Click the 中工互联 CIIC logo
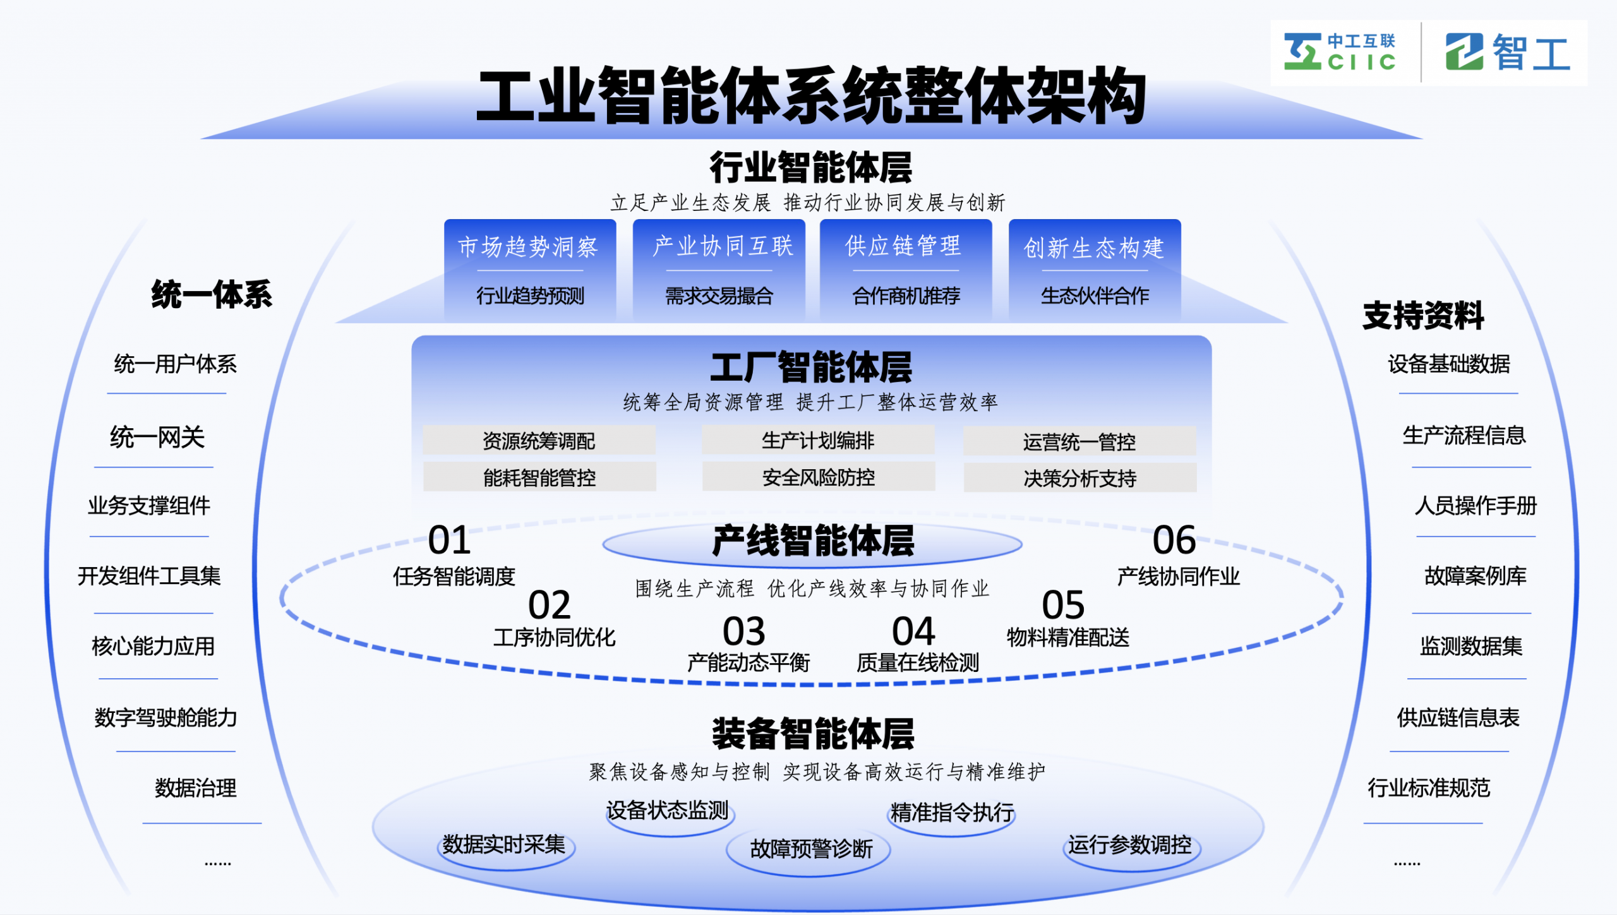pos(1339,52)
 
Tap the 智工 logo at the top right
pos(1507,52)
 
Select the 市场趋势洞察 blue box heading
pos(528,246)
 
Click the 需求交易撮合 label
pos(719,296)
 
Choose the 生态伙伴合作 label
pos(1095,296)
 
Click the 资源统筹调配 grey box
pos(539,441)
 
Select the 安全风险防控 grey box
pos(819,477)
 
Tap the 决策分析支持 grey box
pos(1079,479)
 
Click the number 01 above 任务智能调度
pos(449,541)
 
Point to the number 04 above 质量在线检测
pos(913,631)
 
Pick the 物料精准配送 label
pos(1068,638)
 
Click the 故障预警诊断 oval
pos(811,849)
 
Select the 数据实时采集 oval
pos(504,845)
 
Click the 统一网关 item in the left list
pos(157,437)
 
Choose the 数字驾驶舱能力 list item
pos(165,718)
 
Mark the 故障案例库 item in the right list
pos(1475,576)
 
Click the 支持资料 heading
pos(1422,316)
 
